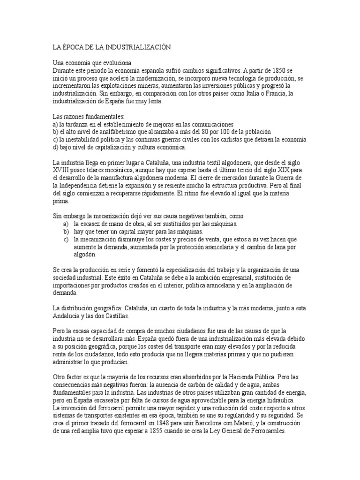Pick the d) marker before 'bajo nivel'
click(x=56, y=147)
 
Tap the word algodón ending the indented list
click(x=84, y=254)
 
